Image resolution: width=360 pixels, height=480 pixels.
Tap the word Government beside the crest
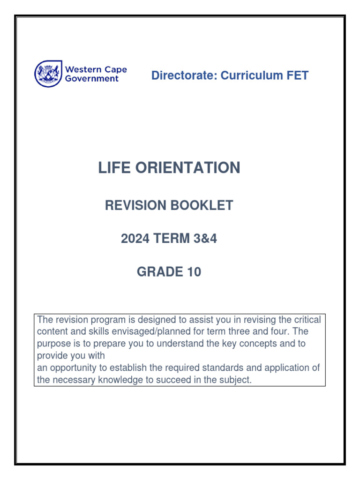pos(92,79)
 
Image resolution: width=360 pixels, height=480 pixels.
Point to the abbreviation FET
pos(296,75)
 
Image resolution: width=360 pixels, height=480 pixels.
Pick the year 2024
pos(135,239)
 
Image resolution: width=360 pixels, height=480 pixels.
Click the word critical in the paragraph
pos(307,320)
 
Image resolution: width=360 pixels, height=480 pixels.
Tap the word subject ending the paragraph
pos(237,380)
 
